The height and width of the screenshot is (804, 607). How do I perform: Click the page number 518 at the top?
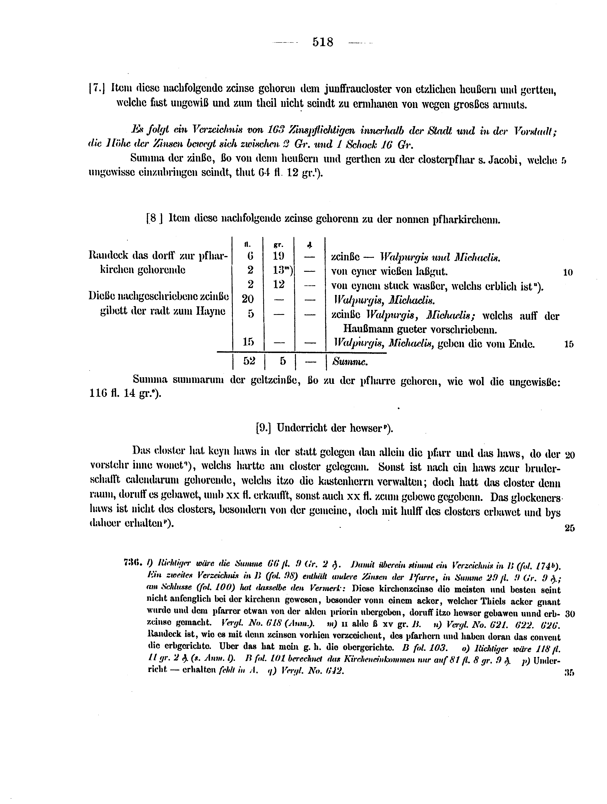tap(323, 42)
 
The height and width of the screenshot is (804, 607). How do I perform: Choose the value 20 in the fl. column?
tap(248, 299)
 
